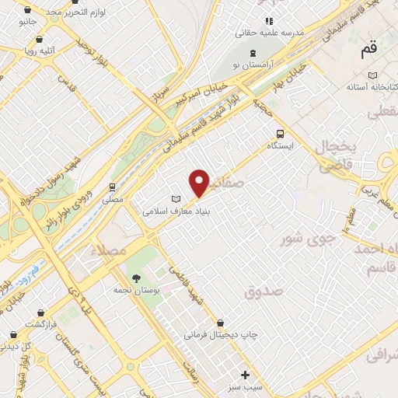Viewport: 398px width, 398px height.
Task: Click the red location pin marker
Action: click(200, 183)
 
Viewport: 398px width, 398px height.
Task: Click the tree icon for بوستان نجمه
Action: click(137, 278)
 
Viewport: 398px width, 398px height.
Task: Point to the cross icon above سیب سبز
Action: click(246, 375)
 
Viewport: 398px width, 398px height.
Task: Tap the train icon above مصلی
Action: click(113, 187)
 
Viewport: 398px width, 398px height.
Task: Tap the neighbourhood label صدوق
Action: click(261, 292)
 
